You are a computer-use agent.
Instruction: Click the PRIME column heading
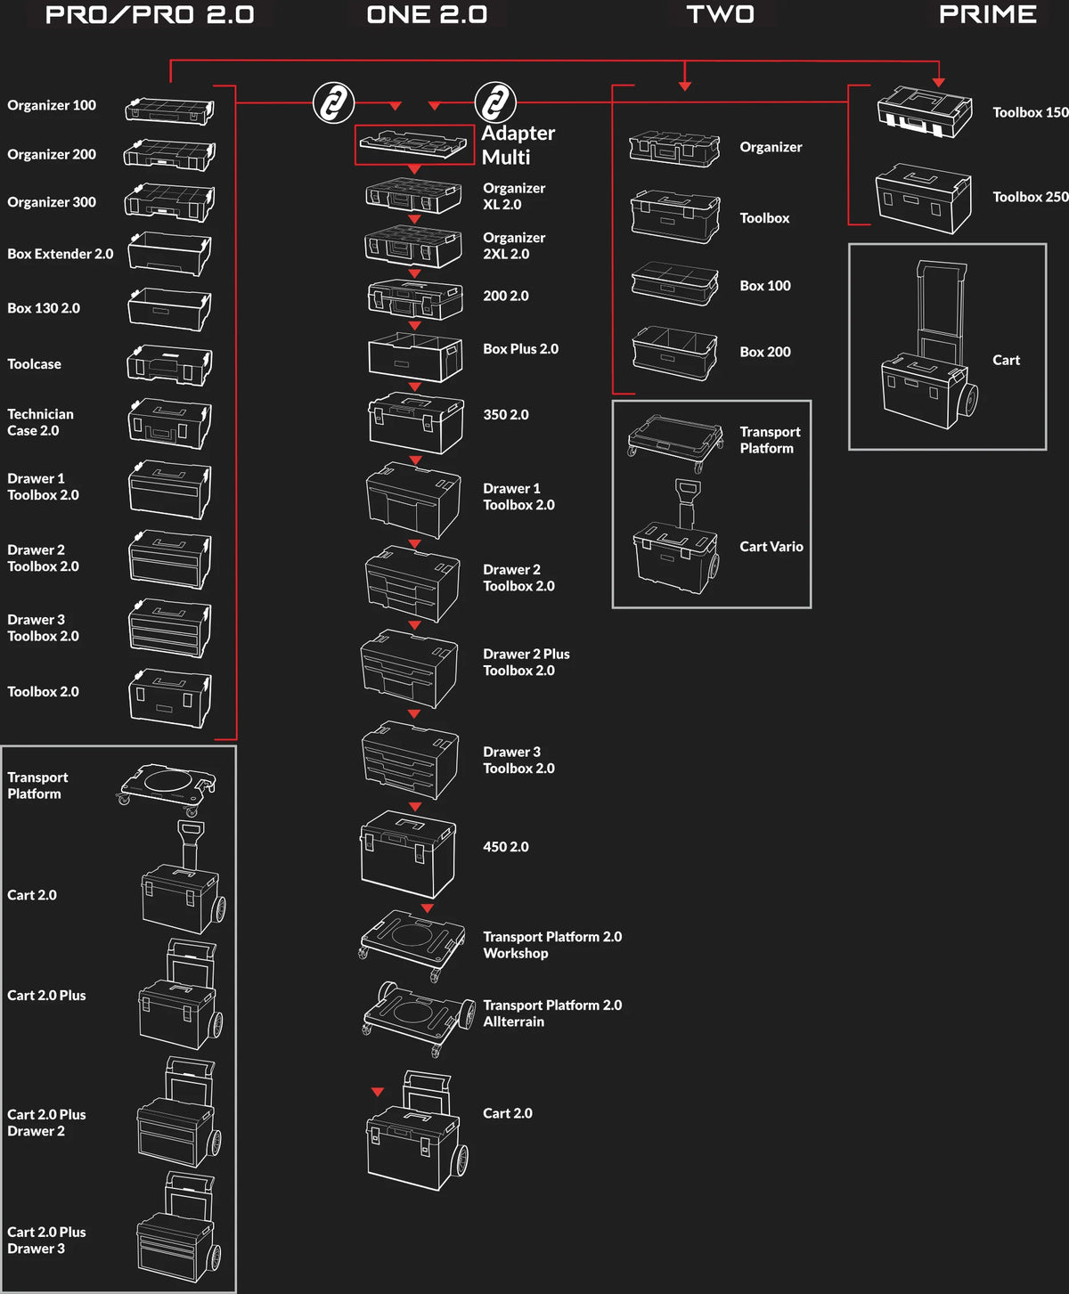pos(987,14)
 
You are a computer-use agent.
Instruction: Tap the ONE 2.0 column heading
pos(427,14)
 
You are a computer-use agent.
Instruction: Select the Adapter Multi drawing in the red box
pos(413,145)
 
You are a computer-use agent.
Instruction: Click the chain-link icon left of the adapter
pos(333,102)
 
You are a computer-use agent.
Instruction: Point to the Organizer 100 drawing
pos(170,110)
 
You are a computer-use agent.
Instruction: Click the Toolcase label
pos(34,363)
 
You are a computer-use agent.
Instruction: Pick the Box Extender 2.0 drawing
pos(169,254)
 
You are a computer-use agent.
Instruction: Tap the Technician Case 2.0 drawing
pos(169,423)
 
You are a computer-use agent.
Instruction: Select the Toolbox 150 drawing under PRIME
pos(925,111)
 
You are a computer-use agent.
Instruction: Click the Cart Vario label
pos(771,546)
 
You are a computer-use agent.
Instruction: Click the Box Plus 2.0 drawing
pos(415,356)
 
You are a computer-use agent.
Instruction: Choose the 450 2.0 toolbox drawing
pos(407,854)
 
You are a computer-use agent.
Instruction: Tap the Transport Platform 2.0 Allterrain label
pos(551,1013)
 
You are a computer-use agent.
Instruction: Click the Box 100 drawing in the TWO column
pos(674,283)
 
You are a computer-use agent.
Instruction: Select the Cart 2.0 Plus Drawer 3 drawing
pos(178,1226)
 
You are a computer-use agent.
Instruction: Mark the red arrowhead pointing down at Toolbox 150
pos(938,83)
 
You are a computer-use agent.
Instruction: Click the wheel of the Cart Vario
pos(713,568)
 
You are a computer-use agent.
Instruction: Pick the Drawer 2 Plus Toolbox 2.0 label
pos(526,662)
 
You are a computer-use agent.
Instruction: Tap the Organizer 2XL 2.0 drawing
pos(413,246)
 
